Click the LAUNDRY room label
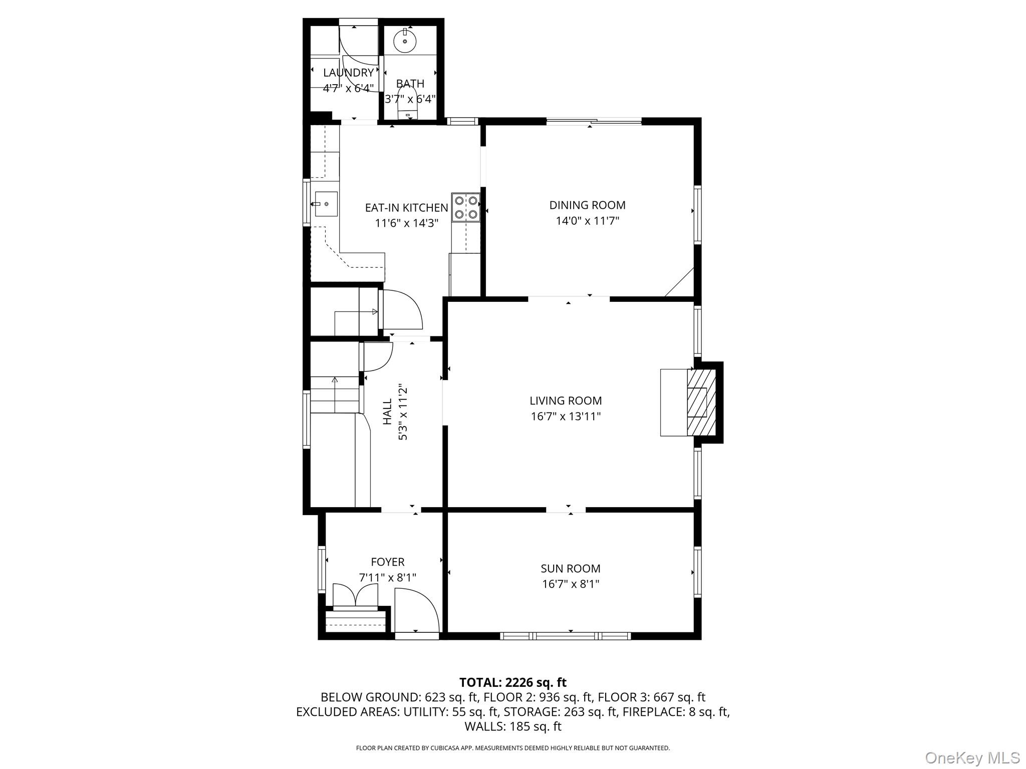348,73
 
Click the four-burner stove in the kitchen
465,207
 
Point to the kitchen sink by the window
326,204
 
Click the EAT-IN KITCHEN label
406,207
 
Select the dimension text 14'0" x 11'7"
587,221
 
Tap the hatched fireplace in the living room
700,403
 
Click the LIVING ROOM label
566,401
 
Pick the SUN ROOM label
570,568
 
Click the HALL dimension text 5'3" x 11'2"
403,413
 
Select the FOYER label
387,562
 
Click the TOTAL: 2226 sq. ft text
512,682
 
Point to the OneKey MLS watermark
972,757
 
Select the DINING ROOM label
587,205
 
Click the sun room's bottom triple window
566,636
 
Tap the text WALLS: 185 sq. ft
512,726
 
